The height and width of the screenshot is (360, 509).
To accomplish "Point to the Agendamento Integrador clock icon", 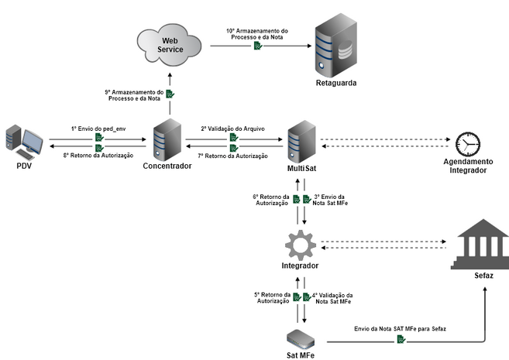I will coord(466,144).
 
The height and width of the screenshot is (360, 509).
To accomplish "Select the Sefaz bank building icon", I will coord(480,245).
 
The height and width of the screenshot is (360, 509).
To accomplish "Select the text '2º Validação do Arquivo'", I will coord(233,129).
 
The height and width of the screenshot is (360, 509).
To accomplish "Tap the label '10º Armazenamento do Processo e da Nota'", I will coord(257,34).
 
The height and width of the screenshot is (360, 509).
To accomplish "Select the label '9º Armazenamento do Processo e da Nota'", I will coord(134,94).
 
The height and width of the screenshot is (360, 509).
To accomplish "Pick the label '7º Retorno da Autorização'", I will coord(232,156).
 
